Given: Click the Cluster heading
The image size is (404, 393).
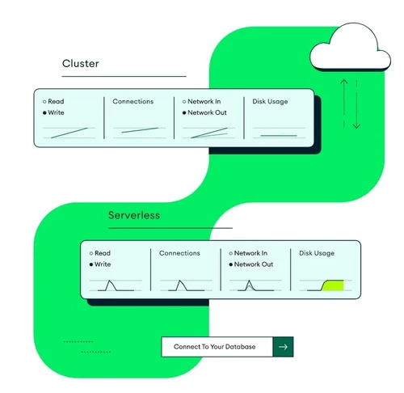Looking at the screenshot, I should click(x=81, y=64).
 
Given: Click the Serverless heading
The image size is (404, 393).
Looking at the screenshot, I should click(x=134, y=216).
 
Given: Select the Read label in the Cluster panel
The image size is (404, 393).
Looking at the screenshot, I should click(x=56, y=101).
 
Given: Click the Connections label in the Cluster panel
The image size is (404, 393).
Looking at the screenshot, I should click(x=133, y=101).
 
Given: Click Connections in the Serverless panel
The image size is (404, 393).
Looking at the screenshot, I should click(x=179, y=253).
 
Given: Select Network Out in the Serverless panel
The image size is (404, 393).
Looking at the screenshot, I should click(x=252, y=264).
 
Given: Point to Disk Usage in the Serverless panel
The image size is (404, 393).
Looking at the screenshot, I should click(x=317, y=253).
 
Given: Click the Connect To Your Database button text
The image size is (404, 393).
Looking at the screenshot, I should click(x=215, y=347).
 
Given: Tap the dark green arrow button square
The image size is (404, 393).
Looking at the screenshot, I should click(x=283, y=347).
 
